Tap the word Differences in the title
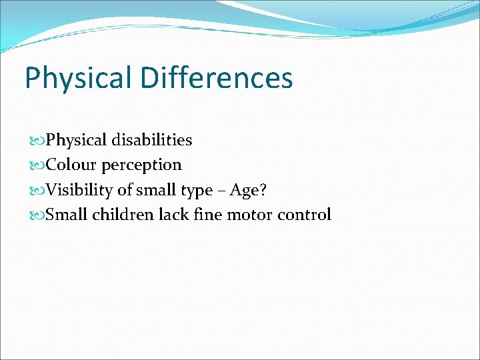click(217, 78)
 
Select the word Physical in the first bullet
click(77, 141)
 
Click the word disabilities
click(152, 141)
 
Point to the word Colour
click(71, 165)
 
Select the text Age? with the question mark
click(249, 191)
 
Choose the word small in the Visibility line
click(158, 190)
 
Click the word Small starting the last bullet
click(67, 215)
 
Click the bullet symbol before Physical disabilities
click(37, 141)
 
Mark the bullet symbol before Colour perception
click(37, 165)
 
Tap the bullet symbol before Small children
click(37, 215)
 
